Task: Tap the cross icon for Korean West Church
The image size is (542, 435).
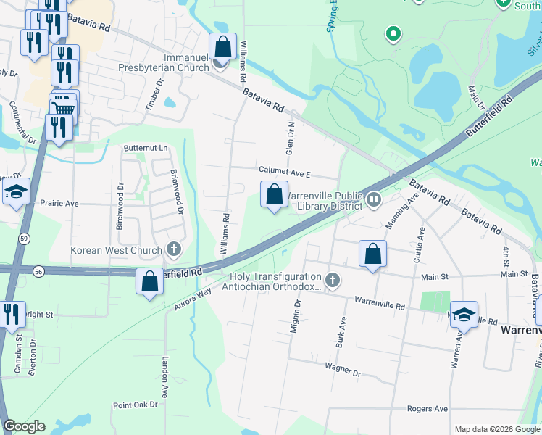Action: (173, 250)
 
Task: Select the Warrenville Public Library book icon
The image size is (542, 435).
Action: (374, 199)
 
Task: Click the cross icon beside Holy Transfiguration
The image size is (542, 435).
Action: (332, 280)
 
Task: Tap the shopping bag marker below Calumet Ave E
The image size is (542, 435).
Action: (274, 195)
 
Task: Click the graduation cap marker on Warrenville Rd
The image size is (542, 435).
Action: (464, 315)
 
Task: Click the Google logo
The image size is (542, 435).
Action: (24, 426)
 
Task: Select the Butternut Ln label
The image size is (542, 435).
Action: (145, 148)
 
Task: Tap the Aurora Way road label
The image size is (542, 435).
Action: (192, 297)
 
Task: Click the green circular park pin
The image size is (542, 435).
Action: (393, 33)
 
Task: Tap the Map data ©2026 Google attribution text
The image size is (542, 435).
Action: (496, 429)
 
